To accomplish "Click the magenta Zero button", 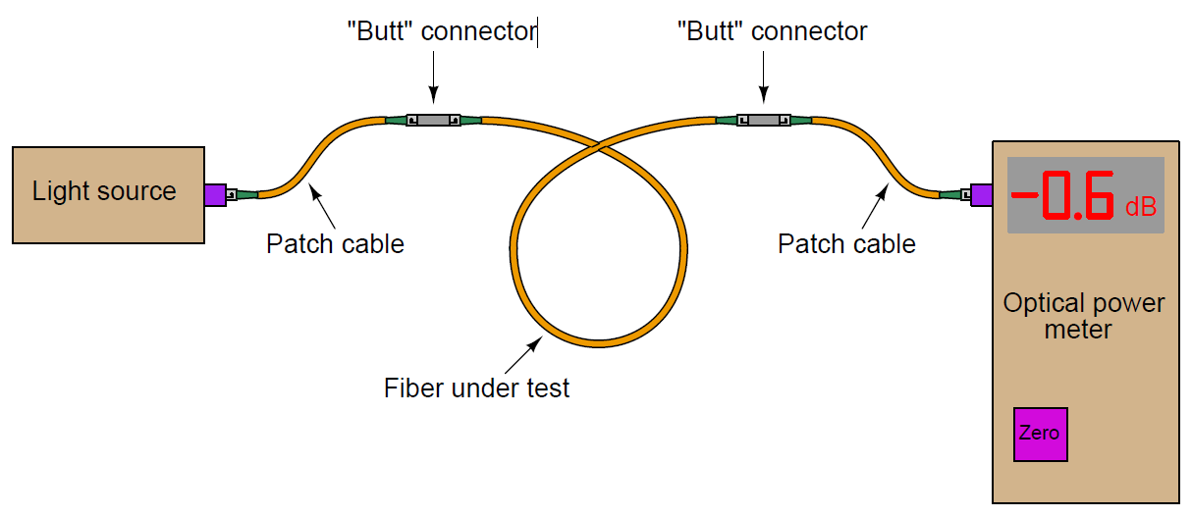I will (x=1040, y=434).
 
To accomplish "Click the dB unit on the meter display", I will (x=1140, y=207).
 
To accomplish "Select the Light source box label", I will (x=104, y=191).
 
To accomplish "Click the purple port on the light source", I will (x=215, y=195).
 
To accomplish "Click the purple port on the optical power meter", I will (x=980, y=195).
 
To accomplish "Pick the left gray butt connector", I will (x=433, y=121).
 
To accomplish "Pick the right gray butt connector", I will (x=764, y=121).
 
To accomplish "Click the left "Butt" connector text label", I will (x=442, y=31).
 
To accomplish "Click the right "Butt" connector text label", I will (x=773, y=31).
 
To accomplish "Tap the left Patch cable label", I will (x=335, y=243).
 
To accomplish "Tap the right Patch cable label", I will (x=846, y=243).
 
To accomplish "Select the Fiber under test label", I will (x=476, y=388).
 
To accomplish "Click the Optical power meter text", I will (x=1083, y=316).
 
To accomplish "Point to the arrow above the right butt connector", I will (x=764, y=77).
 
